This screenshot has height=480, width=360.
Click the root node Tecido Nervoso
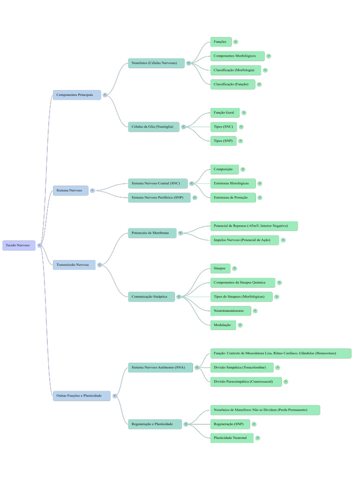[x=19, y=245]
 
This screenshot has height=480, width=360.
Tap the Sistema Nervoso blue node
[x=70, y=190]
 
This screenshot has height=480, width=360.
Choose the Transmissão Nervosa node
[x=74, y=265]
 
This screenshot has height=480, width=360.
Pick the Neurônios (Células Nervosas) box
[x=156, y=63]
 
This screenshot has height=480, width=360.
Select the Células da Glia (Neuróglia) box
[x=154, y=127]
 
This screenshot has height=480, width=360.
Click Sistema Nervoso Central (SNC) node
[x=158, y=183]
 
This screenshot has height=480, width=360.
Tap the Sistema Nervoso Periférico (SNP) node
[x=159, y=197]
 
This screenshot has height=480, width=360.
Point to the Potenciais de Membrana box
[x=152, y=233]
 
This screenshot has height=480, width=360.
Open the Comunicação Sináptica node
[x=151, y=297]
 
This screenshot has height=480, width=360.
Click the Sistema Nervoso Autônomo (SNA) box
[x=160, y=367]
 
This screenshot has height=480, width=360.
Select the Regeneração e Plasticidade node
[x=155, y=424]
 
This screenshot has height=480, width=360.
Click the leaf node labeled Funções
[x=221, y=42]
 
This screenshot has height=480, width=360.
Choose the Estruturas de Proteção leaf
[x=233, y=197]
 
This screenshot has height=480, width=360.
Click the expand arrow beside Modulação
[x=240, y=325]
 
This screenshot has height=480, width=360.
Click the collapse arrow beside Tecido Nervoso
[x=39, y=245]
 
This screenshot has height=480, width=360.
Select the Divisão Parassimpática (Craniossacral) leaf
[x=246, y=382]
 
